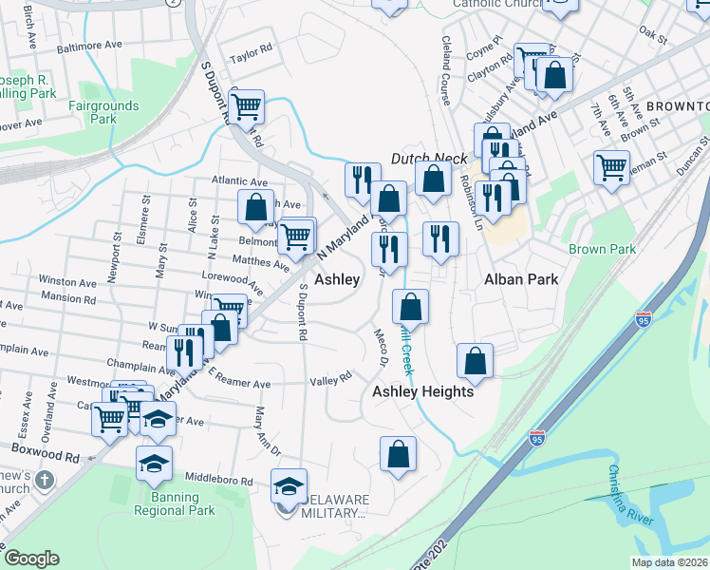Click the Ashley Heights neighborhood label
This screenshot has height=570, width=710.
click(422, 391)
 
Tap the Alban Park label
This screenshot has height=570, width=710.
click(520, 279)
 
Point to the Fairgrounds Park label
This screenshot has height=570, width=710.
click(103, 112)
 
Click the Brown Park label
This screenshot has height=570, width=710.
click(602, 250)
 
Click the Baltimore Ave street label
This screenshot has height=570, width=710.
click(89, 45)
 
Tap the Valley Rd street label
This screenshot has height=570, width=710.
click(330, 380)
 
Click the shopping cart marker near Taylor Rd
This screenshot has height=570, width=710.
click(247, 106)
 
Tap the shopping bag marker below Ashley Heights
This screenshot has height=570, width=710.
click(399, 454)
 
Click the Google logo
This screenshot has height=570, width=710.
click(31, 559)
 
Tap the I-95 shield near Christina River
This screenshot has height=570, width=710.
click(538, 438)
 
